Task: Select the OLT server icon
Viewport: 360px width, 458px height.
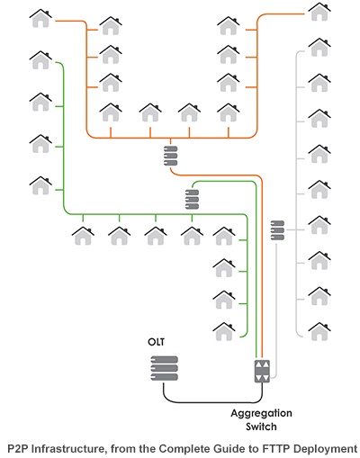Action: click(x=164, y=368)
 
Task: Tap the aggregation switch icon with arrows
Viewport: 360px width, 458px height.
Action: click(x=261, y=371)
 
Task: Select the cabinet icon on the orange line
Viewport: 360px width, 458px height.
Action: click(x=170, y=155)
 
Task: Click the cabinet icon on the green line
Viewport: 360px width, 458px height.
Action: click(x=192, y=198)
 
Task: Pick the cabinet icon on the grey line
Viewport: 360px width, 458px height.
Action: click(x=277, y=229)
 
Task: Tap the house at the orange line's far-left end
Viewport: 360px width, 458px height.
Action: click(x=41, y=17)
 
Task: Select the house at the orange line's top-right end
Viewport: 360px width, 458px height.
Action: click(x=319, y=12)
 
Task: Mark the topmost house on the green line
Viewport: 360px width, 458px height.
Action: click(x=40, y=59)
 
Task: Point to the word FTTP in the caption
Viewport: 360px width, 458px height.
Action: click(x=274, y=447)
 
